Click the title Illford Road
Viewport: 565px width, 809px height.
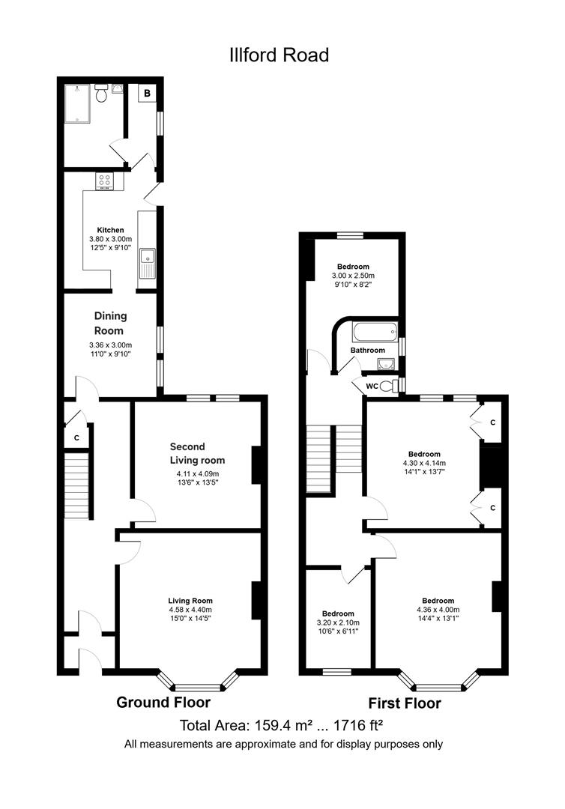279,55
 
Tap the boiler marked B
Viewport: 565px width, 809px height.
147,93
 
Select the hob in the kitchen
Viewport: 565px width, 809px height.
103,181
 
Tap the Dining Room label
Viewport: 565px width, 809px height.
109,323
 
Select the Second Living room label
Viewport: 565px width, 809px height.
197,453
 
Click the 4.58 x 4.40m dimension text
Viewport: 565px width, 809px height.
190,610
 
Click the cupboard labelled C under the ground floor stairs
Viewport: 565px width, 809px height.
76,437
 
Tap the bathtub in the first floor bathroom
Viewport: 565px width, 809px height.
372,331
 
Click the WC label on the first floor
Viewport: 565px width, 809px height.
371,387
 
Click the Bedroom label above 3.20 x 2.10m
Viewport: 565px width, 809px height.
338,613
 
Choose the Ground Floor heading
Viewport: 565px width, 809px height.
163,703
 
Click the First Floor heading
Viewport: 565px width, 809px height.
404,703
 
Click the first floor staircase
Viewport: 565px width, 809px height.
334,448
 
